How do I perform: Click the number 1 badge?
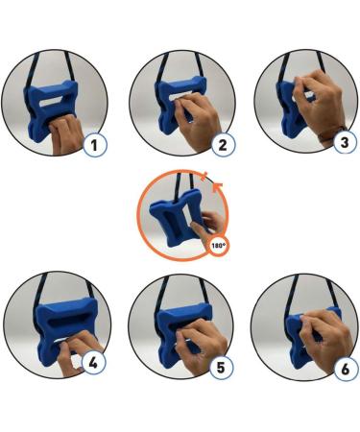[x=93, y=145]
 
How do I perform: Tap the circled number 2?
[x=222, y=145]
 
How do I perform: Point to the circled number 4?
[x=93, y=365]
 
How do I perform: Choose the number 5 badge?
[x=222, y=365]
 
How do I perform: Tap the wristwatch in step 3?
[x=338, y=130]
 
